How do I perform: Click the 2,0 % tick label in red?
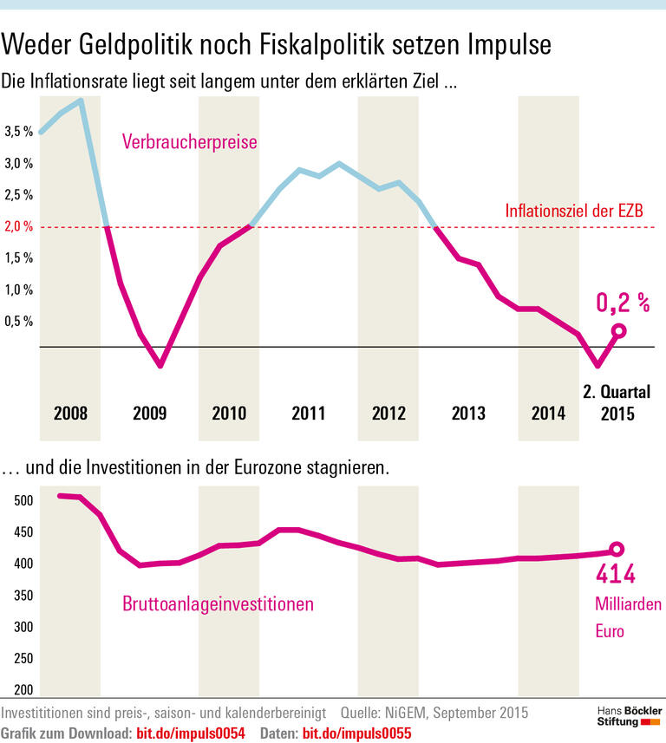tap(18, 226)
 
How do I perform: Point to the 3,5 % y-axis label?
tap(18, 132)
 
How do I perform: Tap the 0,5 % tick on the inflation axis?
tap(18, 321)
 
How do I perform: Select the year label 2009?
tap(150, 414)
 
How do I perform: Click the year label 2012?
tap(388, 414)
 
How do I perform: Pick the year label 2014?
tap(549, 414)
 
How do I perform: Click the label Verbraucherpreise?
tap(190, 142)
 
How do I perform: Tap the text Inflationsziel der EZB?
tap(573, 212)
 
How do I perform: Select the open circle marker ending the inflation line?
tap(618, 330)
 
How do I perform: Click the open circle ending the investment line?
tap(617, 549)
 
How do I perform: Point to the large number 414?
tap(615, 574)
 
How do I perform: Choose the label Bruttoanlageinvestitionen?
tap(218, 603)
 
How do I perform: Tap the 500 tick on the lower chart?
tap(23, 501)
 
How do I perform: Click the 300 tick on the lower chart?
tap(23, 627)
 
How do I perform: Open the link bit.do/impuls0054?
tap(191, 733)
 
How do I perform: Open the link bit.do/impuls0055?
tap(356, 733)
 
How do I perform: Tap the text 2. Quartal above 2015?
tap(616, 391)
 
